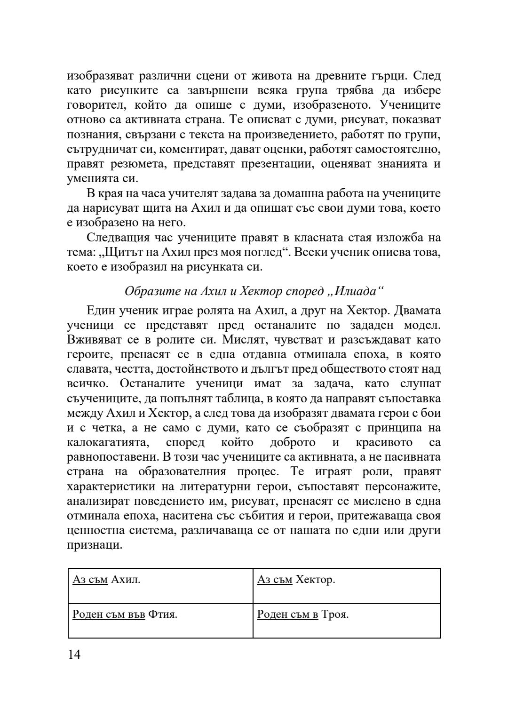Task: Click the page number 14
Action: click(x=74, y=655)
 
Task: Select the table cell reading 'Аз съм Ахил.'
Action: click(x=160, y=585)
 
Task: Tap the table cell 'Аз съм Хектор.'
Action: click(x=346, y=585)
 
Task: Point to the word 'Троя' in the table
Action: click(x=334, y=615)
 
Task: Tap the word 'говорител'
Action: click(x=94, y=104)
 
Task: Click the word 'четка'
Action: click(x=102, y=428)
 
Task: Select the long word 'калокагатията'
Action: click(x=107, y=442)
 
